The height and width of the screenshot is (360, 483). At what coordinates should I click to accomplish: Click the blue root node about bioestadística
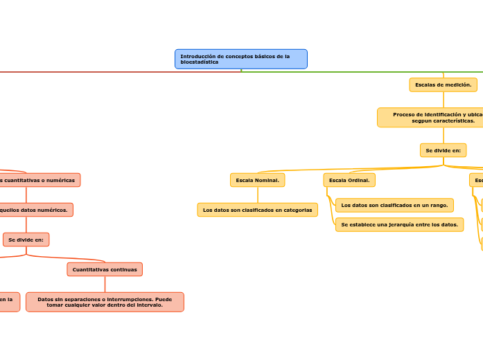(240, 59)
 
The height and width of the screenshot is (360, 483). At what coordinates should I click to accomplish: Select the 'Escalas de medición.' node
(443, 84)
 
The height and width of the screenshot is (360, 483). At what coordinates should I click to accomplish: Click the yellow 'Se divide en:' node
(443, 150)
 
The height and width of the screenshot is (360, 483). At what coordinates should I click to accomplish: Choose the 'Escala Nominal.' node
(257, 180)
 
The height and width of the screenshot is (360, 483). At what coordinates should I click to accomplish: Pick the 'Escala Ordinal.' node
(349, 180)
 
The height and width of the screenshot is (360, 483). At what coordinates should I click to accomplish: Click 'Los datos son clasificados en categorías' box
(257, 210)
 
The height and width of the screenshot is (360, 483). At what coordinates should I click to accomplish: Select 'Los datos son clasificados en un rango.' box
(394, 205)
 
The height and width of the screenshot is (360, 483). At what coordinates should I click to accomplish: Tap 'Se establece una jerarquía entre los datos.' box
(399, 224)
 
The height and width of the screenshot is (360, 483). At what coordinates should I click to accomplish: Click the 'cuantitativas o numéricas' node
(38, 180)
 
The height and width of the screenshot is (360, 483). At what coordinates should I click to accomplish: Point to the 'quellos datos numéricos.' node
(35, 210)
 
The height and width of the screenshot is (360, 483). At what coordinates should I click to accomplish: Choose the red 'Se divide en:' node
(26, 240)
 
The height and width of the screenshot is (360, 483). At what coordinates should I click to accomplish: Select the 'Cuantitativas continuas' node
(105, 269)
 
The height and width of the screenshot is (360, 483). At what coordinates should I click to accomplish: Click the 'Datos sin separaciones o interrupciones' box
(105, 302)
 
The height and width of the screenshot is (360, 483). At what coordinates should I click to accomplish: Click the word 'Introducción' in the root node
(197, 56)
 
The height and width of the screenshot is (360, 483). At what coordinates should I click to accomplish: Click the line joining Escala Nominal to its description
(257, 195)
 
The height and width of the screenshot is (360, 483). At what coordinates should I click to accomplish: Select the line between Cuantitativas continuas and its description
(105, 284)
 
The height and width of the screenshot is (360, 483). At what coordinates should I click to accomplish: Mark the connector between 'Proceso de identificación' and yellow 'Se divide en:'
(443, 135)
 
